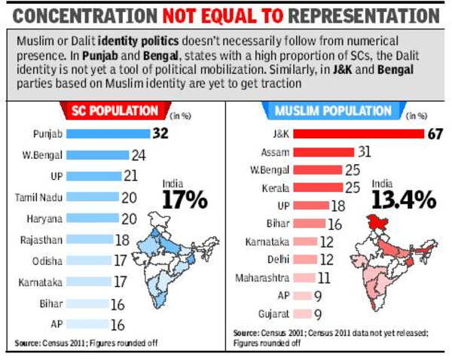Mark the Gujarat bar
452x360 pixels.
301,314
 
